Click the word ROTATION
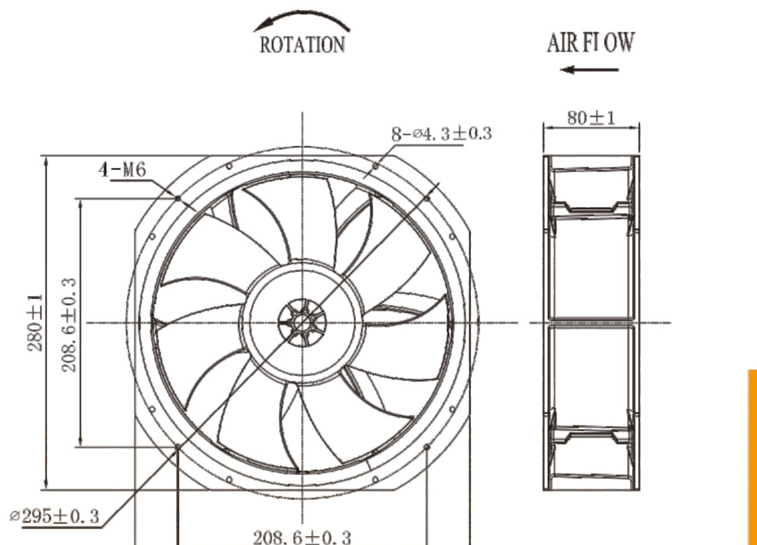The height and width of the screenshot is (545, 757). (x=303, y=45)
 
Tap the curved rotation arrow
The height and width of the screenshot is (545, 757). (x=302, y=15)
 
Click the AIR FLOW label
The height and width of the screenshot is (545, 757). (x=590, y=42)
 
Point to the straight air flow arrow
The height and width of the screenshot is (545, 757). (x=589, y=69)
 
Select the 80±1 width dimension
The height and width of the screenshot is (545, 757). (x=591, y=118)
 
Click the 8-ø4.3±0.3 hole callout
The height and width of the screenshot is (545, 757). (x=441, y=134)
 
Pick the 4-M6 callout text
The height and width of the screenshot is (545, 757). (x=122, y=169)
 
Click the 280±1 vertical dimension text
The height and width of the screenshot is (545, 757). (x=35, y=323)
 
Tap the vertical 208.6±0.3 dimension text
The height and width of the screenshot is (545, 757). (x=69, y=325)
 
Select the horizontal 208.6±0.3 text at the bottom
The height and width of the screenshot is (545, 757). (x=303, y=537)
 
